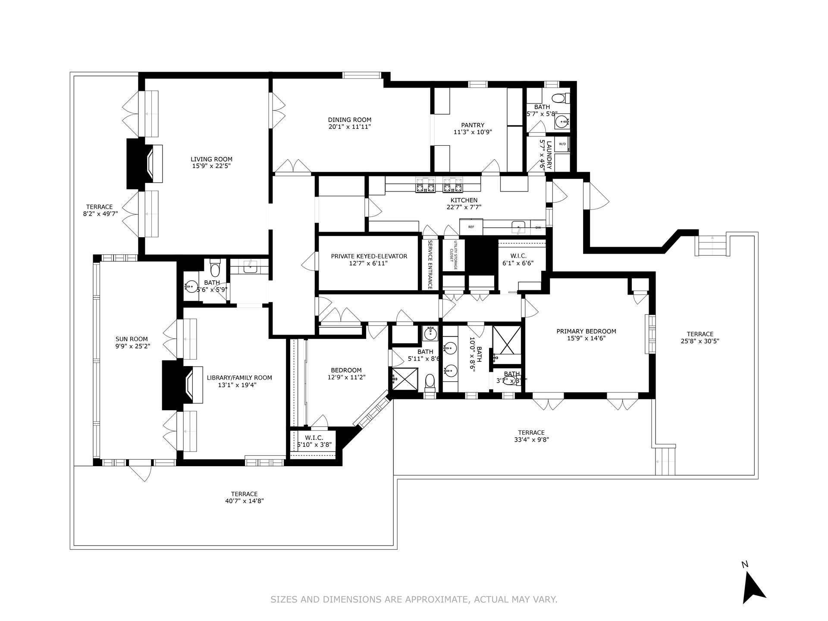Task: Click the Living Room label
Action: tap(211, 159)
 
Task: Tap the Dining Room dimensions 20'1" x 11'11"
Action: tap(349, 127)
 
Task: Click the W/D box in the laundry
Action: tap(562, 144)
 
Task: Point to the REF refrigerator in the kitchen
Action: tap(471, 227)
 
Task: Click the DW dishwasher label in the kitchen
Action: tap(538, 227)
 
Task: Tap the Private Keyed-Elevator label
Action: tap(369, 256)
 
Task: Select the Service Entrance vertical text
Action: tap(430, 264)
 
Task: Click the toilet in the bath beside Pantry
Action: tap(560, 99)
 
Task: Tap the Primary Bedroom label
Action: tap(586, 331)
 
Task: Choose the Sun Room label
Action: tap(132, 339)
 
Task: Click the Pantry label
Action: tap(473, 125)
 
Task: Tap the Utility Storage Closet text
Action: tap(454, 256)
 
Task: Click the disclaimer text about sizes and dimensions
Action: tap(414, 599)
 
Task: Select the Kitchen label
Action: tap(464, 200)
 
